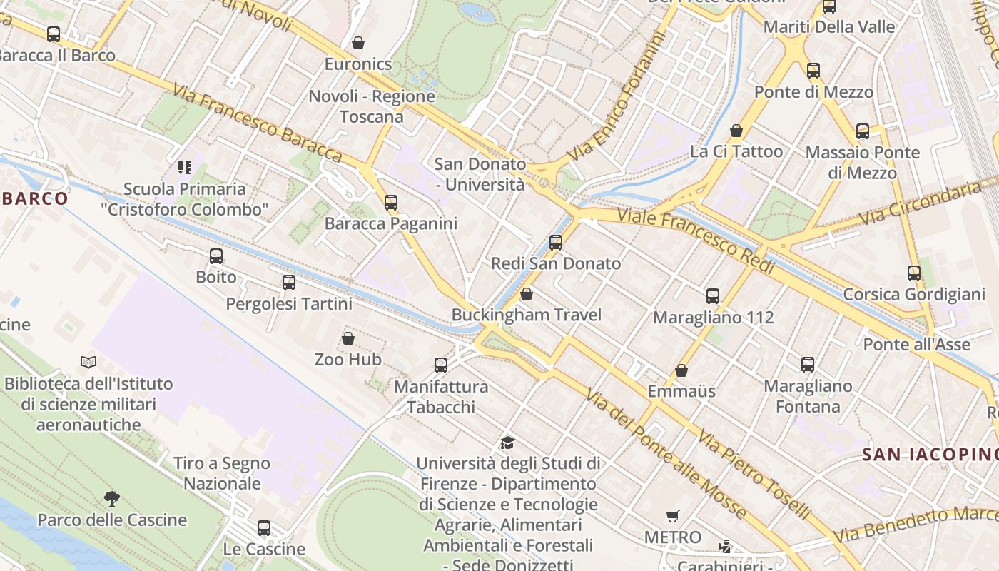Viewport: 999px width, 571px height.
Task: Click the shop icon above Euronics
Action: click(x=358, y=43)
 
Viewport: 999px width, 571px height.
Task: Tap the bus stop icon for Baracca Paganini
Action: click(x=390, y=203)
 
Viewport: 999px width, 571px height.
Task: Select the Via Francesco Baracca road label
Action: click(x=258, y=122)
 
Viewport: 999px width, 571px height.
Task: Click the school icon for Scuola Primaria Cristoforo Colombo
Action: click(x=185, y=168)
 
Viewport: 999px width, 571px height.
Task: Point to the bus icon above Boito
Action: click(x=216, y=256)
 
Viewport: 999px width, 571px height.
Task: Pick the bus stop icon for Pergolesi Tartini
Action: click(x=288, y=283)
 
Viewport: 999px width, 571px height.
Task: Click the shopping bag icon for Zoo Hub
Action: click(x=348, y=338)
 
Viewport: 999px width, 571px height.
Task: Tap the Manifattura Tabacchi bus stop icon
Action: click(x=441, y=365)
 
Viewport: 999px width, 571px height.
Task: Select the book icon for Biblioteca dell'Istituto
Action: click(x=88, y=363)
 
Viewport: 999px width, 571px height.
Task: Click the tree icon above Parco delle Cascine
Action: click(x=111, y=498)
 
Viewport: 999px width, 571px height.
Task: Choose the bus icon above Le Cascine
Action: click(x=264, y=528)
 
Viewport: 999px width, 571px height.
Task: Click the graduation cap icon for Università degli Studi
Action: click(x=507, y=443)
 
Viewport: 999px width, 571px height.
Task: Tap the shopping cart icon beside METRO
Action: click(x=672, y=516)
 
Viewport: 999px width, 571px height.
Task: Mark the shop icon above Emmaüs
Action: click(x=681, y=370)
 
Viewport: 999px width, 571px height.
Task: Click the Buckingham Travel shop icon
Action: click(x=527, y=294)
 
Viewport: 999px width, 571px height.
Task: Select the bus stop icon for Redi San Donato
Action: click(x=556, y=243)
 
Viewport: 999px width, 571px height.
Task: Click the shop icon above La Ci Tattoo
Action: click(x=736, y=131)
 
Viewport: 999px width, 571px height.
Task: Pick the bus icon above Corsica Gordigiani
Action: click(x=914, y=273)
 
